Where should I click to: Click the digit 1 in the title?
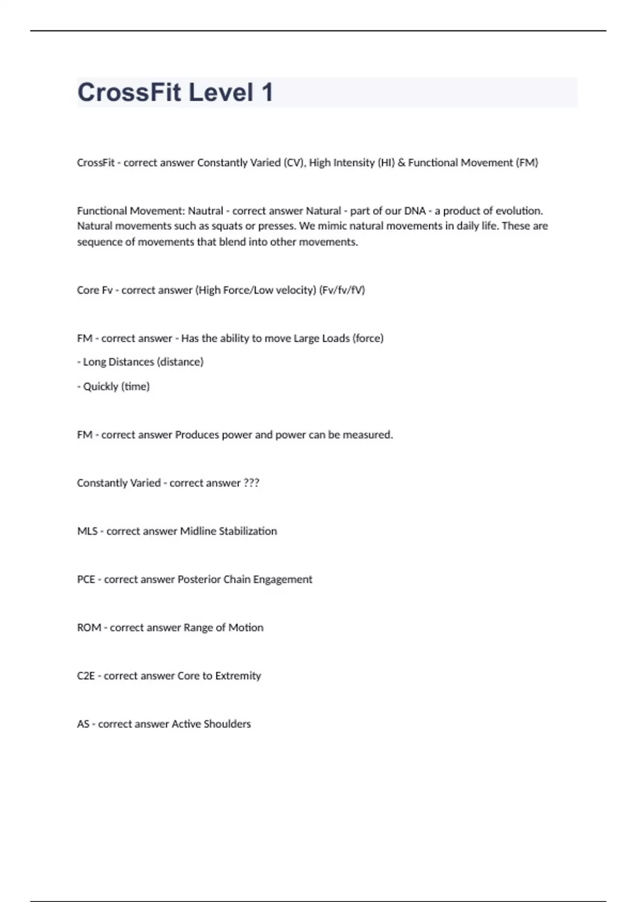click(x=266, y=92)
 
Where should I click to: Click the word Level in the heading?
click(x=221, y=92)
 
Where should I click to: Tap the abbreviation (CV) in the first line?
click(x=292, y=163)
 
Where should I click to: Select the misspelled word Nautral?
click(x=205, y=211)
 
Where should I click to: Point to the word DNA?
click(x=415, y=211)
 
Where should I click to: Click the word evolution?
click(x=519, y=211)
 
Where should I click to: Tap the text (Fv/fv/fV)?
click(x=342, y=290)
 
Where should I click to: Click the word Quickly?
click(x=100, y=387)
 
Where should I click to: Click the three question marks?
click(x=251, y=483)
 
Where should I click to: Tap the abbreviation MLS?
click(x=87, y=531)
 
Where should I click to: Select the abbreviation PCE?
click(x=86, y=579)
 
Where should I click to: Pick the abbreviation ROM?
click(x=89, y=628)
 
